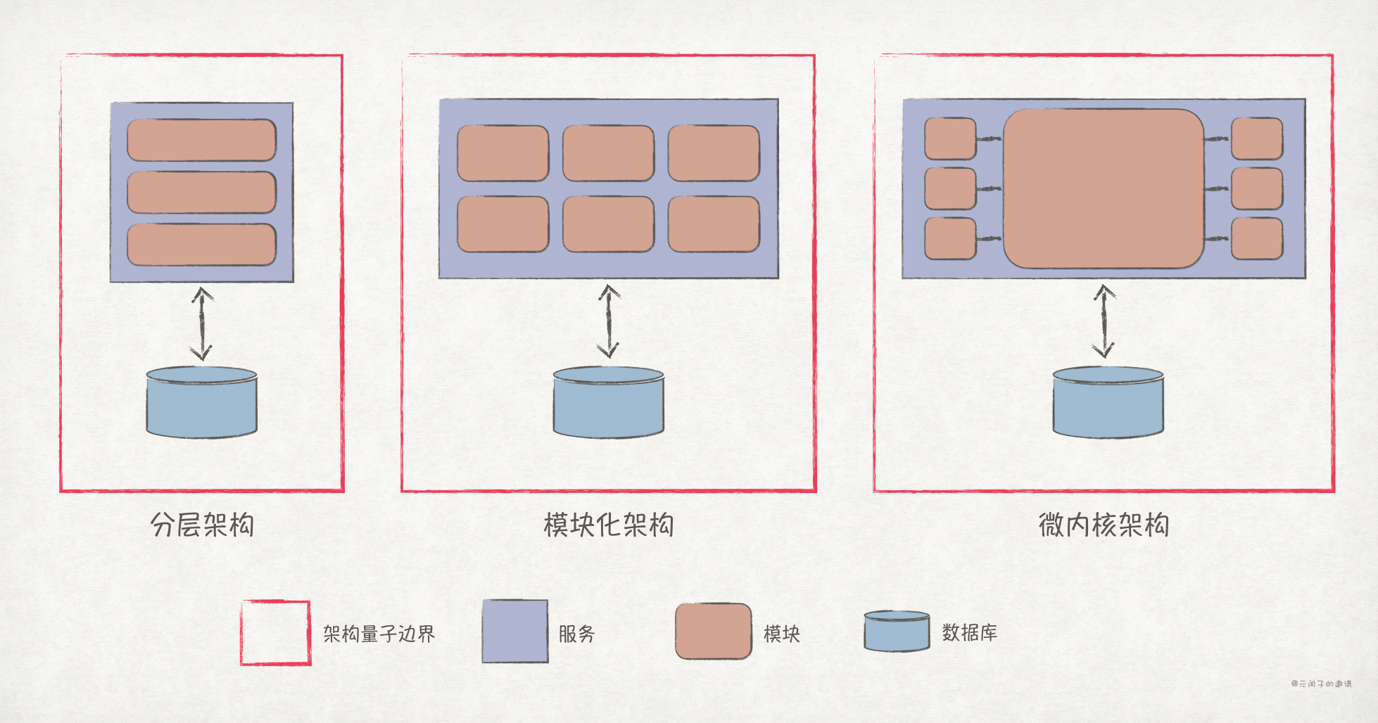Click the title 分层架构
[202, 525]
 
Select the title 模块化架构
[609, 525]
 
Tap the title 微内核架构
[1104, 525]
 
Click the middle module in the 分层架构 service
[201, 192]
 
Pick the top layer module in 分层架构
[201, 140]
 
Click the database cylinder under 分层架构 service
[202, 402]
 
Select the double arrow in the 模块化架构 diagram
[609, 321]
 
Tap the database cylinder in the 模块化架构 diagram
[609, 402]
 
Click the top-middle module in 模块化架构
[608, 153]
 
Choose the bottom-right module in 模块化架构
[714, 224]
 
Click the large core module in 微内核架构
[1104, 188]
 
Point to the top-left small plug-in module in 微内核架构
[950, 139]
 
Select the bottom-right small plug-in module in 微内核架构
[1257, 238]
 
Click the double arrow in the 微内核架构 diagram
[1104, 321]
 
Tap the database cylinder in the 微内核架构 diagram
[1108, 402]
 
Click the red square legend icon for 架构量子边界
[275, 632]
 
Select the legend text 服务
[577, 634]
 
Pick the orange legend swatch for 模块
[714, 632]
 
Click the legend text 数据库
[970, 632]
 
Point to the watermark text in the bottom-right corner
[1321, 684]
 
